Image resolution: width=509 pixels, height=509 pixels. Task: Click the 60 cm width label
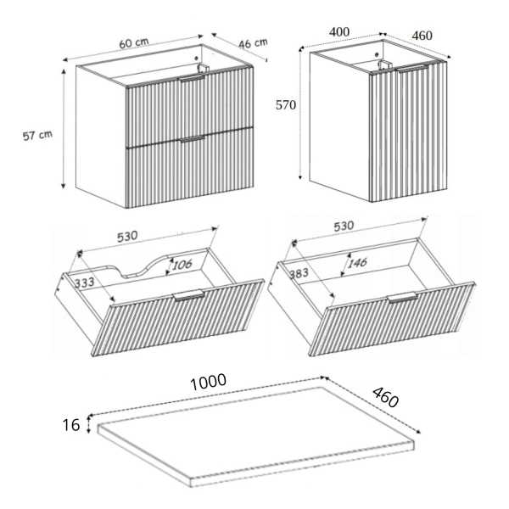click(134, 43)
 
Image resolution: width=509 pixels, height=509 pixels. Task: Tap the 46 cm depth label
click(253, 43)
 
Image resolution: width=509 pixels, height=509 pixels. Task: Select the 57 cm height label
click(37, 135)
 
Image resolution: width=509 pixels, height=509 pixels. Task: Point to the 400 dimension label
click(339, 32)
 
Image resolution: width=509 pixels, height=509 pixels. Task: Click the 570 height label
click(286, 105)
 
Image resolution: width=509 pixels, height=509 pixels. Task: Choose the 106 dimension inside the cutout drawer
click(182, 265)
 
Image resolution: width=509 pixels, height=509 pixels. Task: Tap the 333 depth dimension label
click(84, 282)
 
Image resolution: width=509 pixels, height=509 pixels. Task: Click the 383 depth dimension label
click(299, 274)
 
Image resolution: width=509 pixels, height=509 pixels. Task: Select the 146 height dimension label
click(357, 262)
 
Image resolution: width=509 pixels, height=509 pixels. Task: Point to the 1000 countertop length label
click(208, 382)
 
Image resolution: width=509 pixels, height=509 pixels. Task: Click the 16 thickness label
click(70, 425)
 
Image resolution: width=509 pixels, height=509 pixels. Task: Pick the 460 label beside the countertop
click(385, 397)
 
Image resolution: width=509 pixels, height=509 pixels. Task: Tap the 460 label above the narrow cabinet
click(422, 36)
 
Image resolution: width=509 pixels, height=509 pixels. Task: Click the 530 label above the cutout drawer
click(127, 237)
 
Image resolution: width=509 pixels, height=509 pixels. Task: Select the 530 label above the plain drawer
click(344, 226)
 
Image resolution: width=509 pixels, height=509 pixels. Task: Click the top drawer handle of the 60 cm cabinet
click(193, 79)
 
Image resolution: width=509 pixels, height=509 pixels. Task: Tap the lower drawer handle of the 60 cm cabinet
click(193, 139)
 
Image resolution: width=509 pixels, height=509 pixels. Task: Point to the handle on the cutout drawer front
click(188, 294)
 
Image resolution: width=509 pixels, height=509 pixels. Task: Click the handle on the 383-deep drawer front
click(403, 298)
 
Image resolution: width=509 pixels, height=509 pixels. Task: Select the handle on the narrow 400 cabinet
click(413, 69)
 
